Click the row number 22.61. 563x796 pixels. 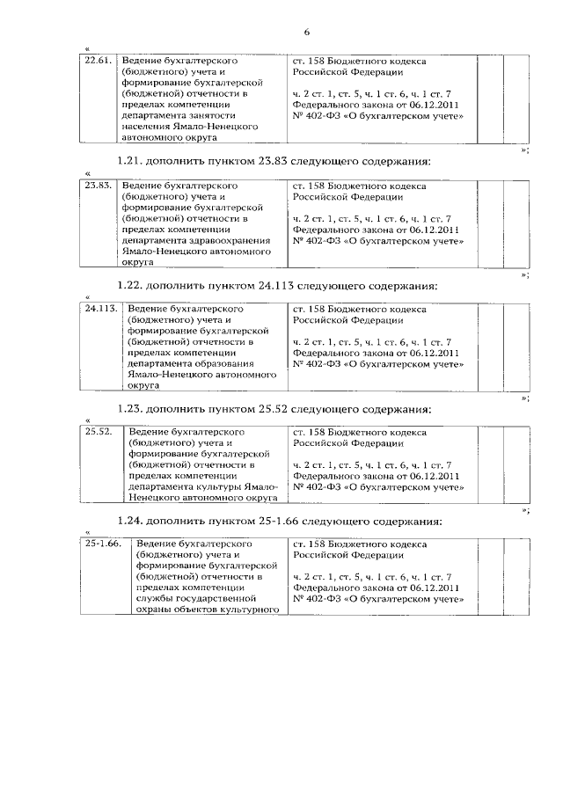tap(98, 62)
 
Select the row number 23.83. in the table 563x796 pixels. tap(99, 186)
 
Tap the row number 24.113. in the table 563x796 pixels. tap(102, 310)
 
